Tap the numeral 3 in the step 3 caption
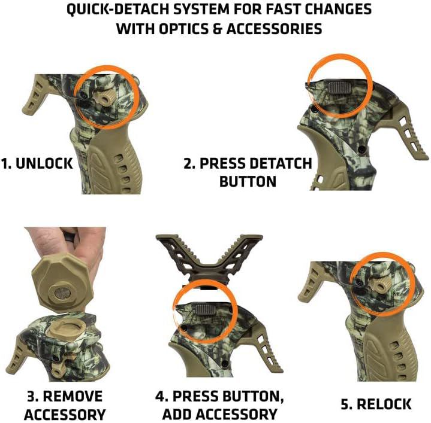pyautogui.click(x=30, y=397)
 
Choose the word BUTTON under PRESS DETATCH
pyautogui.click(x=248, y=181)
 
